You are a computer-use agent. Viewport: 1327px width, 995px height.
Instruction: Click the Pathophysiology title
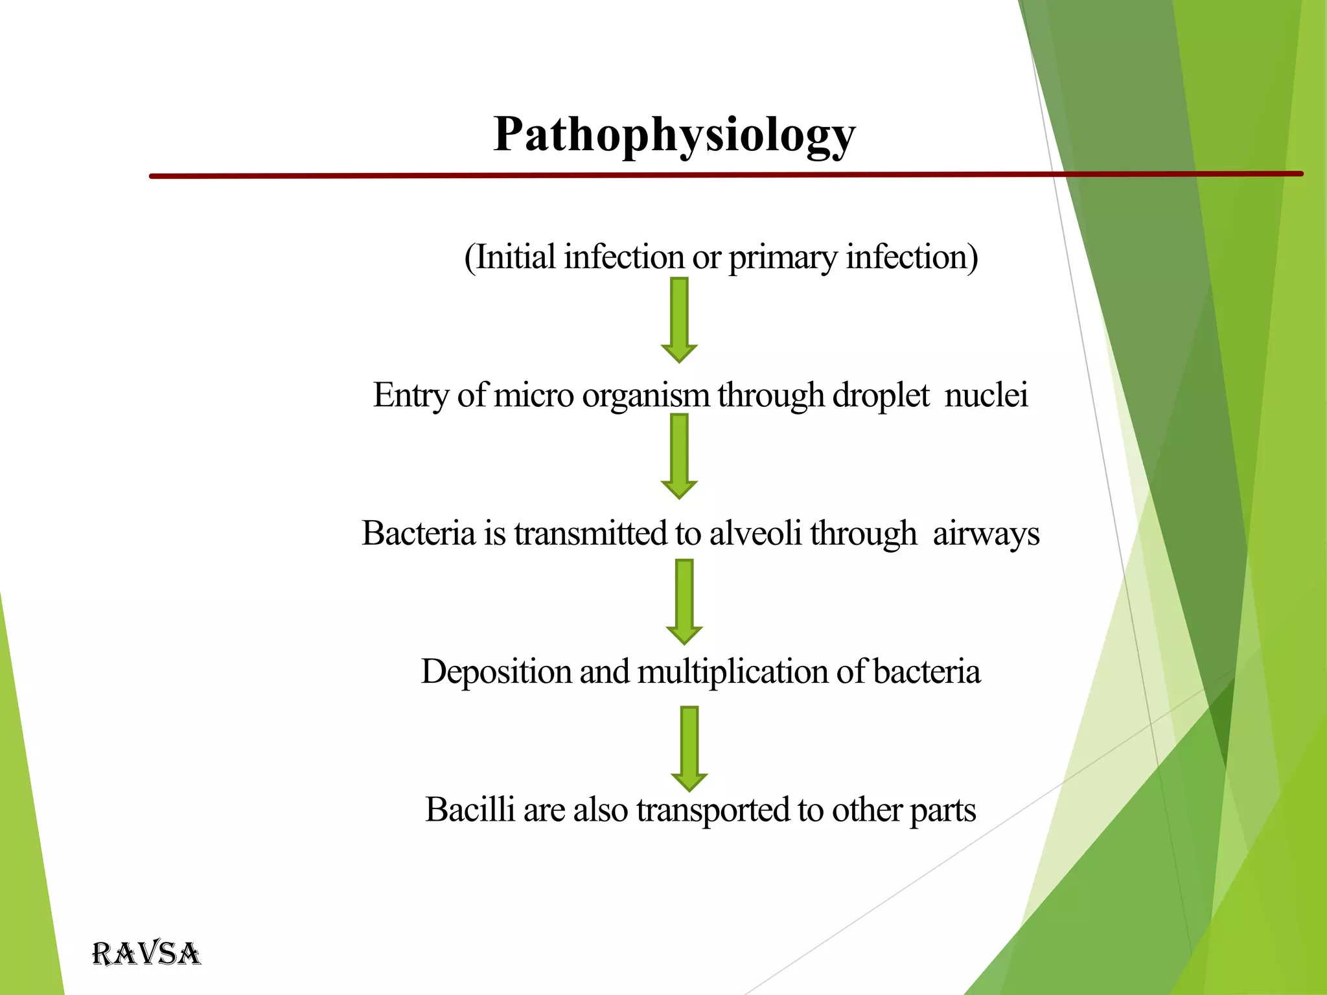coord(674,135)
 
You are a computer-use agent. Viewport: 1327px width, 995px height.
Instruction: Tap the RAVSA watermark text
coord(146,954)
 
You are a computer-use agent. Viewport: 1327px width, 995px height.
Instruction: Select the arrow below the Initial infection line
coord(679,319)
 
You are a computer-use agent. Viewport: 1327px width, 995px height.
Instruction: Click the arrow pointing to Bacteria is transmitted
coord(679,456)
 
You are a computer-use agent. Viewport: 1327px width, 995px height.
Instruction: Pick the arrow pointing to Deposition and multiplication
coord(684,601)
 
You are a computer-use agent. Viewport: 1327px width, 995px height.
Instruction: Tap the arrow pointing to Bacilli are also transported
coord(689,748)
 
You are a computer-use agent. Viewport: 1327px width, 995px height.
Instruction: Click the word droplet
coord(881,396)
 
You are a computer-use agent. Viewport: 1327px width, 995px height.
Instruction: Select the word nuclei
coord(986,395)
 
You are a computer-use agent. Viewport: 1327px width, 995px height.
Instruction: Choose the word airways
coord(986,535)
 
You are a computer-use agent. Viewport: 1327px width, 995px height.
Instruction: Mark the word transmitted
coord(591,534)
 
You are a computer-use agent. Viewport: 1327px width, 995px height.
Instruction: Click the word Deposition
coord(496,672)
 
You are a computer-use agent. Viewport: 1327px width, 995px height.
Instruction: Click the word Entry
coord(411,396)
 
